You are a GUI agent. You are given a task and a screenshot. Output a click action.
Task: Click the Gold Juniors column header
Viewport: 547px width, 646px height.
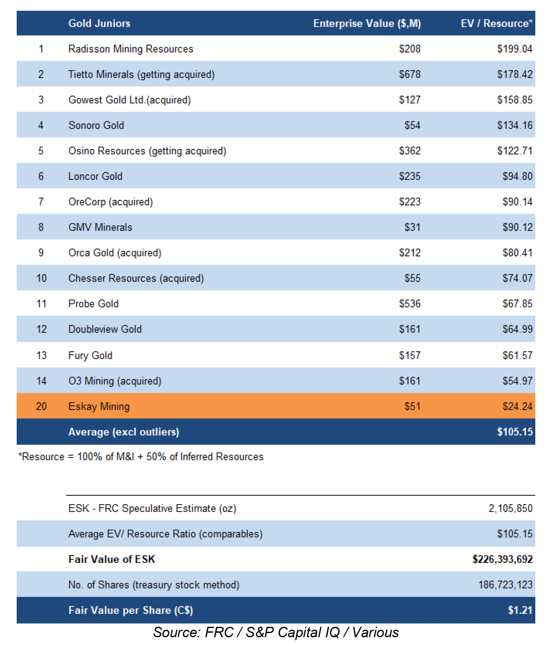click(x=99, y=23)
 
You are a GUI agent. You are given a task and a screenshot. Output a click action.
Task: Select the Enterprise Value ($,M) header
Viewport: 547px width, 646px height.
click(x=367, y=23)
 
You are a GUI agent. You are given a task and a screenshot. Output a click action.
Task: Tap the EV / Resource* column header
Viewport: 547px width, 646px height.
click(x=496, y=23)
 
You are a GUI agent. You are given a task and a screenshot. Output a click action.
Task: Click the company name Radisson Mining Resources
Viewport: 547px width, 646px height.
click(x=131, y=49)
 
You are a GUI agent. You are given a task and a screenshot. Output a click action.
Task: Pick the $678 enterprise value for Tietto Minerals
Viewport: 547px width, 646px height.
click(x=409, y=74)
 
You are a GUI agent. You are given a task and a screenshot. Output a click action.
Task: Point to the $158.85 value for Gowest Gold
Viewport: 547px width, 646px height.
click(x=514, y=100)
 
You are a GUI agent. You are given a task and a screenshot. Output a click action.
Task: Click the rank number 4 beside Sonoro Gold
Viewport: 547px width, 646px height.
click(x=41, y=125)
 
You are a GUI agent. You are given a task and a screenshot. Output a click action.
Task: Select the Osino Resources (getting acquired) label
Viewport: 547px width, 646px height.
click(x=147, y=151)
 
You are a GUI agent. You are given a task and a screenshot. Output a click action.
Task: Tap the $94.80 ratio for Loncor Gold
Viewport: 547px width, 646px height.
click(x=517, y=176)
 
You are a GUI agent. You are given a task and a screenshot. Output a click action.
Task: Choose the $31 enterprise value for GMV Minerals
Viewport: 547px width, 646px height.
click(x=412, y=227)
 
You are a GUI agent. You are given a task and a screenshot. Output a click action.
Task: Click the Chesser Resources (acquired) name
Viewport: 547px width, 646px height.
click(x=136, y=278)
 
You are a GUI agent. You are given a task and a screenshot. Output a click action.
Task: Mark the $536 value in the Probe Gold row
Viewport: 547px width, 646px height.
click(x=409, y=304)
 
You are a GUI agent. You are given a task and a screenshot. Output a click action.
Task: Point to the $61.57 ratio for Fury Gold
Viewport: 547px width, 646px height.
click(x=517, y=356)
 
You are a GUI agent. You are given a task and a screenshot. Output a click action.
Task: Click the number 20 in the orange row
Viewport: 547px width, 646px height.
click(x=41, y=406)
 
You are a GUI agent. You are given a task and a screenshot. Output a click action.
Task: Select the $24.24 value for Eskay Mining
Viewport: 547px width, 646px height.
click(x=517, y=406)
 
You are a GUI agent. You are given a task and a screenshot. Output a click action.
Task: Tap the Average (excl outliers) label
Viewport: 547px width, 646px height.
click(x=124, y=432)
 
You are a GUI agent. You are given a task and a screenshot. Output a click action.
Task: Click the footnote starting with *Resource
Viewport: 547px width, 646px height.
click(x=141, y=457)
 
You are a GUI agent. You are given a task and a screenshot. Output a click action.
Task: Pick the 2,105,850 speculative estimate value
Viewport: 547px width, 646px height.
click(x=510, y=508)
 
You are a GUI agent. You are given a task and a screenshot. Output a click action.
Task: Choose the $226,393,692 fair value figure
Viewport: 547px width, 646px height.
click(x=502, y=559)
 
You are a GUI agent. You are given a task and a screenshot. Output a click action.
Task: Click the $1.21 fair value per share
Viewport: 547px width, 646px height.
click(x=519, y=610)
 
